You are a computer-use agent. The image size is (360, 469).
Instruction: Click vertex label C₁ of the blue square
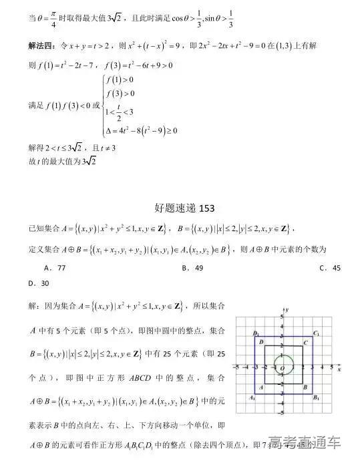coord(316,333)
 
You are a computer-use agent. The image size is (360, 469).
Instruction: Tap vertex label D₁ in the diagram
coord(256,333)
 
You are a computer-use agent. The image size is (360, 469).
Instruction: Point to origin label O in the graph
coord(282,369)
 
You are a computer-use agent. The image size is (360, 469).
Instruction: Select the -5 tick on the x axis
coord(236,367)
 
